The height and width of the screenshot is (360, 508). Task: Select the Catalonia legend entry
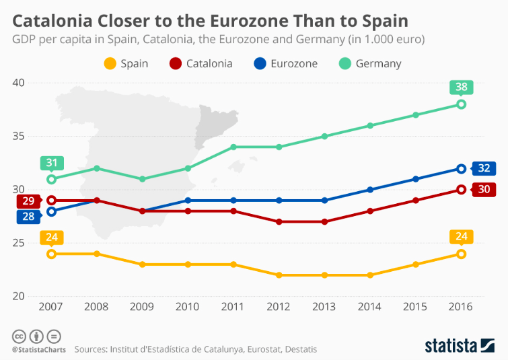click(x=201, y=63)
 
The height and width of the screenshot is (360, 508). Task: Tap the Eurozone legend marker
click(x=258, y=63)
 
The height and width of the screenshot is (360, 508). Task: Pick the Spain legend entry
click(x=126, y=63)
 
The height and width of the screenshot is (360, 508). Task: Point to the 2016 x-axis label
click(x=461, y=307)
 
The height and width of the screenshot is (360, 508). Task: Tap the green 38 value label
click(x=461, y=87)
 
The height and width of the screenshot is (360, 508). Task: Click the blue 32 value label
click(x=484, y=168)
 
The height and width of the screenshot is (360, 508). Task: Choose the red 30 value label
click(x=484, y=189)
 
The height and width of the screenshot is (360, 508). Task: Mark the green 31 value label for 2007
click(x=51, y=162)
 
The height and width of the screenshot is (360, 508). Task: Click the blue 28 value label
click(x=28, y=216)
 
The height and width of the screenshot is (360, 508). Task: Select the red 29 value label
click(x=28, y=201)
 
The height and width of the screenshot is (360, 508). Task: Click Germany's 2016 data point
click(x=461, y=104)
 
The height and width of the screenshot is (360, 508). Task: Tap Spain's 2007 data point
click(x=51, y=254)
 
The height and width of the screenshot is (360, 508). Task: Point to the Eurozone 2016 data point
click(x=461, y=168)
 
